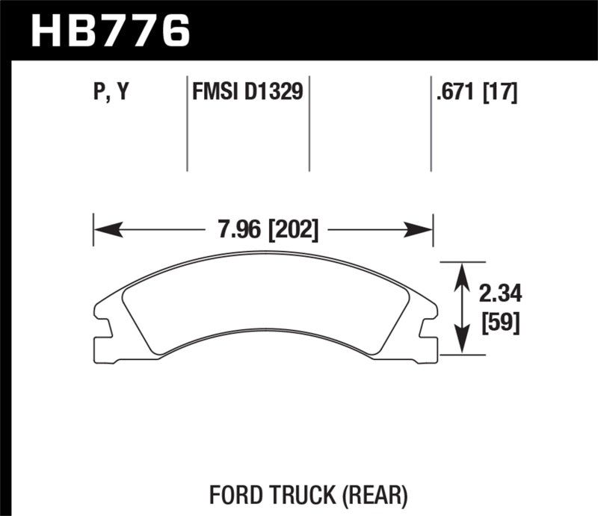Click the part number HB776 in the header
click(110, 31)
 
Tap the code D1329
click(274, 93)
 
